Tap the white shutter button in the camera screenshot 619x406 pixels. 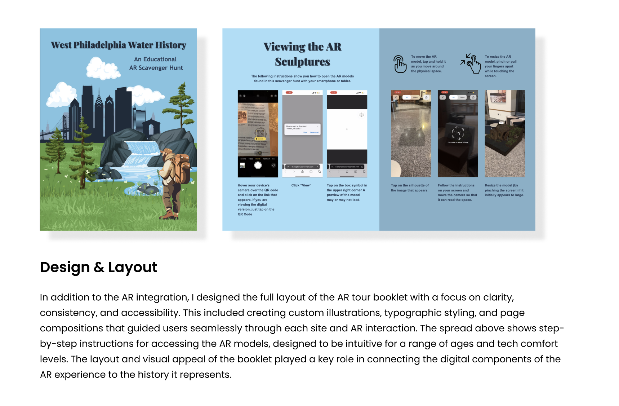tap(258, 166)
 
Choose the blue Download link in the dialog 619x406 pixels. tap(314, 132)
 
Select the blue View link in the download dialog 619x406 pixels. tap(305, 132)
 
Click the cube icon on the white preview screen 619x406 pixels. tap(361, 115)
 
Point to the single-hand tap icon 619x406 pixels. tap(400, 64)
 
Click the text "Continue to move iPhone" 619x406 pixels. tap(458, 142)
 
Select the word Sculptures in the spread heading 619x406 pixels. tap(302, 62)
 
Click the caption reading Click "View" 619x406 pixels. tap(301, 185)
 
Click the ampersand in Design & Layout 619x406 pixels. tap(99, 268)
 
